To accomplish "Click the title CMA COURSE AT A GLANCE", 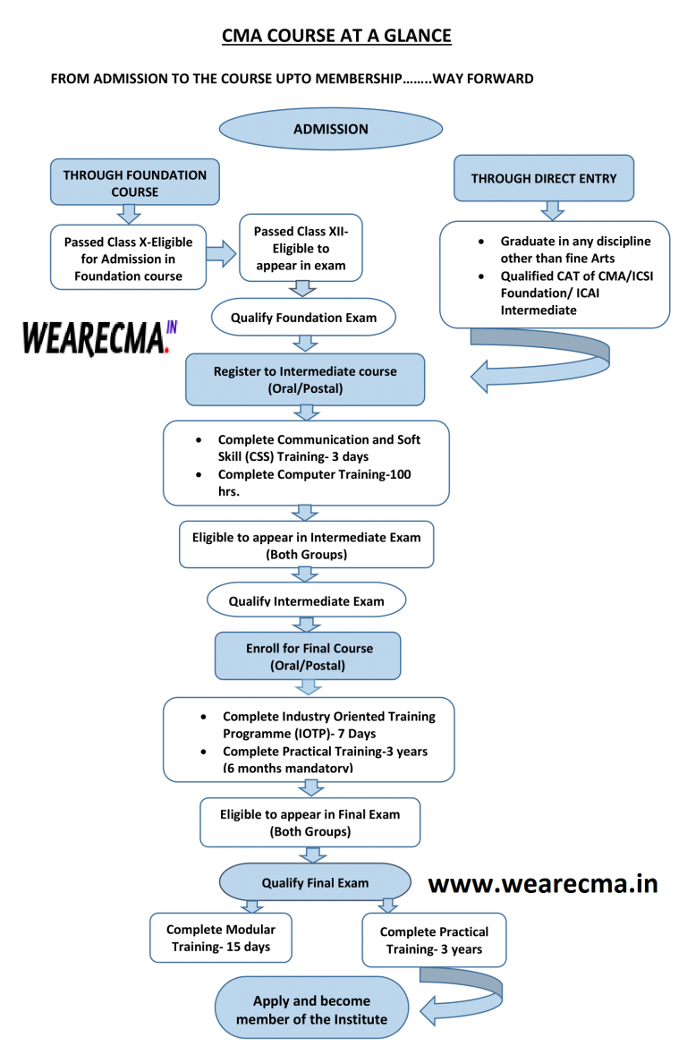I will (336, 36).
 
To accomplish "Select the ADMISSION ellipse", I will (330, 129).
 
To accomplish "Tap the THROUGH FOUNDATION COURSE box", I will (134, 183).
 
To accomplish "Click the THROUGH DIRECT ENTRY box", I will (543, 178).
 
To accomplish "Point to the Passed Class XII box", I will (301, 248).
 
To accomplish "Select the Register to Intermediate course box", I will (304, 379).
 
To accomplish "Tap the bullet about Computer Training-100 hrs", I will (314, 482).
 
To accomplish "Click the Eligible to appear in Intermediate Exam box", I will (306, 545).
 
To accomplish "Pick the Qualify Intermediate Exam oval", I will (306, 600).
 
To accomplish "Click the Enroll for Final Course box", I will (309, 656).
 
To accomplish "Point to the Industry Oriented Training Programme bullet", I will (328, 725).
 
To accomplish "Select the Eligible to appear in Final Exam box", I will (310, 822).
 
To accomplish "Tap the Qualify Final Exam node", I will (314, 882).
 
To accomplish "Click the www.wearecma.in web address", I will (542, 883).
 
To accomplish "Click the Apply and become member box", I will (311, 1009).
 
